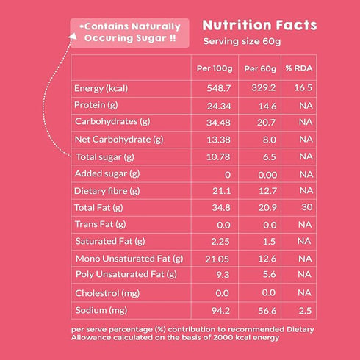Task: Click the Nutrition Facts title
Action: tap(259, 26)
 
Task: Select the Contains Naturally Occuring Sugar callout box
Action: tap(129, 30)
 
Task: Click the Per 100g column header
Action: tap(214, 68)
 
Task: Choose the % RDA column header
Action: tap(299, 68)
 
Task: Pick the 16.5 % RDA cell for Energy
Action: tap(301, 89)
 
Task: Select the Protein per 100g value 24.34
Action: tap(215, 106)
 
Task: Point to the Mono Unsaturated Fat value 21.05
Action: tap(215, 258)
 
